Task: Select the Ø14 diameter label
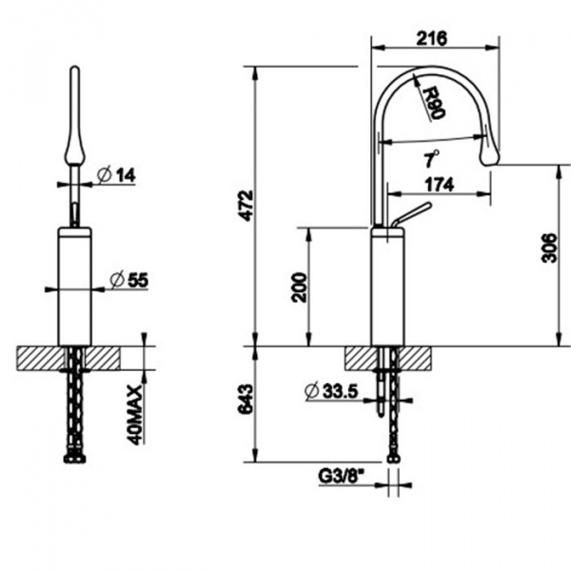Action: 118,174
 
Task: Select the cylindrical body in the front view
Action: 75,285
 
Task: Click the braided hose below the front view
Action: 74,419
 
